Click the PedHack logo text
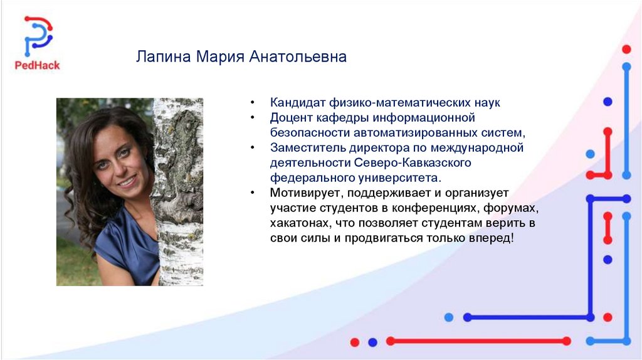pyautogui.click(x=37, y=65)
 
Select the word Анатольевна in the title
pyautogui.click(x=298, y=56)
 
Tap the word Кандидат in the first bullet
pyautogui.click(x=297, y=102)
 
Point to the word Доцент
pyautogui.click(x=292, y=118)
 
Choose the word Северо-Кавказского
pyautogui.click(x=413, y=162)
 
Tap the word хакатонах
pyautogui.click(x=301, y=223)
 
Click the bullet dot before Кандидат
pyautogui.click(x=253, y=102)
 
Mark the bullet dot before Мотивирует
pyautogui.click(x=253, y=193)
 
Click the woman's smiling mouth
pyautogui.click(x=127, y=181)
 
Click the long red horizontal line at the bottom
pyautogui.click(x=478, y=341)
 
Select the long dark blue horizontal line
pyautogui.click(x=529, y=317)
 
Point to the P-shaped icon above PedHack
pyautogui.click(x=38, y=36)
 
